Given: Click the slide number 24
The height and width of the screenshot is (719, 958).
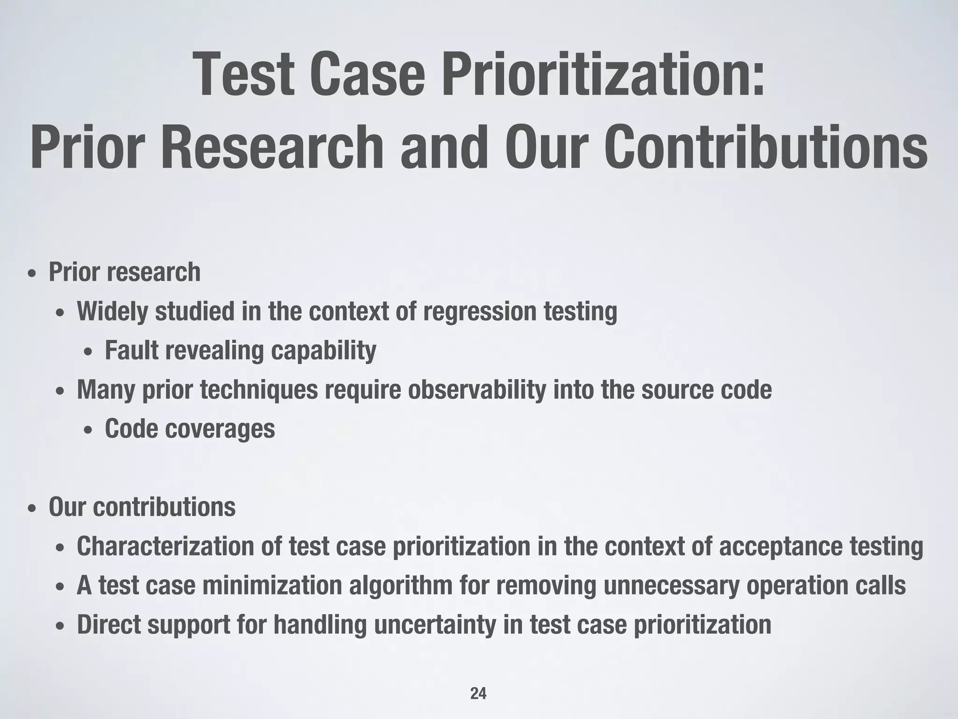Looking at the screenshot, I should point(478,694).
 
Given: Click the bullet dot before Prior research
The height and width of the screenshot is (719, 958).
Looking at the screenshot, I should point(31,274).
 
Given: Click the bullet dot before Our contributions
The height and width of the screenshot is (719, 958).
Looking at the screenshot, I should point(31,509).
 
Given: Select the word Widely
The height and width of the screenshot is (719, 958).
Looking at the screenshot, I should point(112,311).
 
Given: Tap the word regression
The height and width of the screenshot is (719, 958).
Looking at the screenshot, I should point(479,312).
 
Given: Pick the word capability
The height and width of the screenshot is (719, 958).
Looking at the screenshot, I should point(324,351).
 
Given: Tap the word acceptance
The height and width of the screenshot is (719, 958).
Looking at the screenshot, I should point(780,547).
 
